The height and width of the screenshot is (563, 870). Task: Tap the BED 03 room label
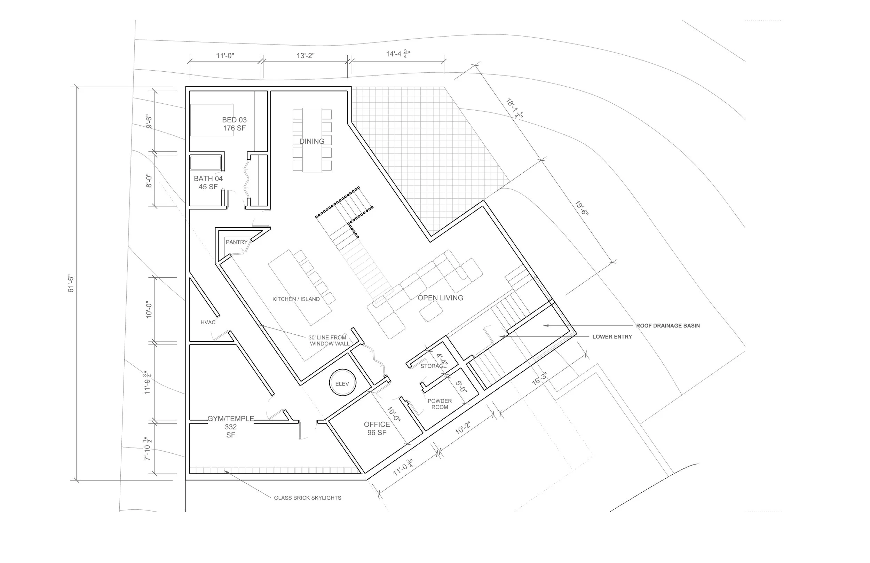234,124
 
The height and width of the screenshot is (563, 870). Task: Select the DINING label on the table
312,142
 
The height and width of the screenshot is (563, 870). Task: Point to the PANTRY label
237,242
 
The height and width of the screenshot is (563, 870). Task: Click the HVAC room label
208,322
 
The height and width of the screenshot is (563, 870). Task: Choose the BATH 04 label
208,182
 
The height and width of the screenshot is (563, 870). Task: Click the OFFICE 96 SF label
377,428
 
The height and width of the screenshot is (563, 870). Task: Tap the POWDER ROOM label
440,404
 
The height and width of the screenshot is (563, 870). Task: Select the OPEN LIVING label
440,298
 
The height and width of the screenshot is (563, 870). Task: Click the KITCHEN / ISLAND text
296,299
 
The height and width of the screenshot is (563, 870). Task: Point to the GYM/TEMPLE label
231,426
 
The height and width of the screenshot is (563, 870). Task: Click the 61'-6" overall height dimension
71,284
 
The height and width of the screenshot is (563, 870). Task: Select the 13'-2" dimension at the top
306,56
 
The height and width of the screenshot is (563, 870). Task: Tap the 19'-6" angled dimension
582,208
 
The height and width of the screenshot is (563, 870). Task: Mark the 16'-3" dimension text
539,379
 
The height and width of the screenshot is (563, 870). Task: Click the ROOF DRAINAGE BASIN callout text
668,326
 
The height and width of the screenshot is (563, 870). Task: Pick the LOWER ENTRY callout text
612,337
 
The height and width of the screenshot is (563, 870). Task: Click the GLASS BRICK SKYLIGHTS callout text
307,498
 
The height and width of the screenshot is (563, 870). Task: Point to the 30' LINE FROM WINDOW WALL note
328,340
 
